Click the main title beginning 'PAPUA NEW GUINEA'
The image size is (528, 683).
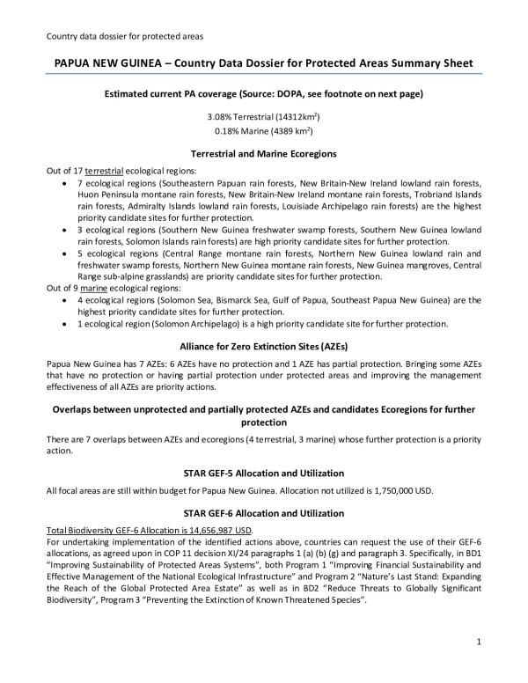pyautogui.click(x=263, y=65)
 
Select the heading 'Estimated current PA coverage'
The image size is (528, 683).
pyautogui.click(x=263, y=93)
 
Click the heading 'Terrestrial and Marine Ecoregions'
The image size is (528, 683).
pyautogui.click(x=263, y=153)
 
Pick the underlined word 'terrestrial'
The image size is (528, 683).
pyautogui.click(x=108, y=169)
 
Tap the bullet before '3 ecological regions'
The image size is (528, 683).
pyautogui.click(x=68, y=228)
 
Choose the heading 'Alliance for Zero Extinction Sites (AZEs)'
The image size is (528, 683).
pyautogui.click(x=263, y=345)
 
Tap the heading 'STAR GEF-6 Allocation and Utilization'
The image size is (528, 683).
pyautogui.click(x=263, y=513)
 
